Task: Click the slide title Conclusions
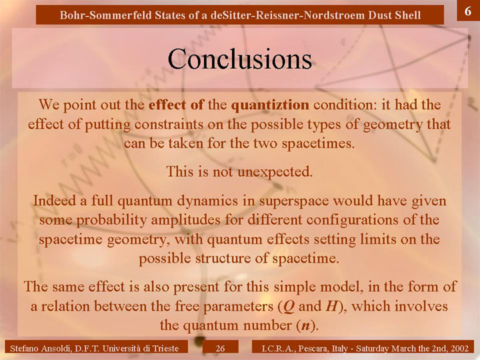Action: coord(240,59)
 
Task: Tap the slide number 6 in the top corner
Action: coord(468,11)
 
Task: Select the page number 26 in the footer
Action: coord(220,349)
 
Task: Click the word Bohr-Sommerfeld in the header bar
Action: coord(105,15)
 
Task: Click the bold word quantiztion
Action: coord(270,105)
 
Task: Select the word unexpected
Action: coord(275,172)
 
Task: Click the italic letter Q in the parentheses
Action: coord(289,307)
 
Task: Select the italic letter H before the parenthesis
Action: coord(331,306)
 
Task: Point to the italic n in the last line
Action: coord(305,326)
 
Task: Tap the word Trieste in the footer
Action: coord(165,349)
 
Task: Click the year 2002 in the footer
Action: coord(461,349)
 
